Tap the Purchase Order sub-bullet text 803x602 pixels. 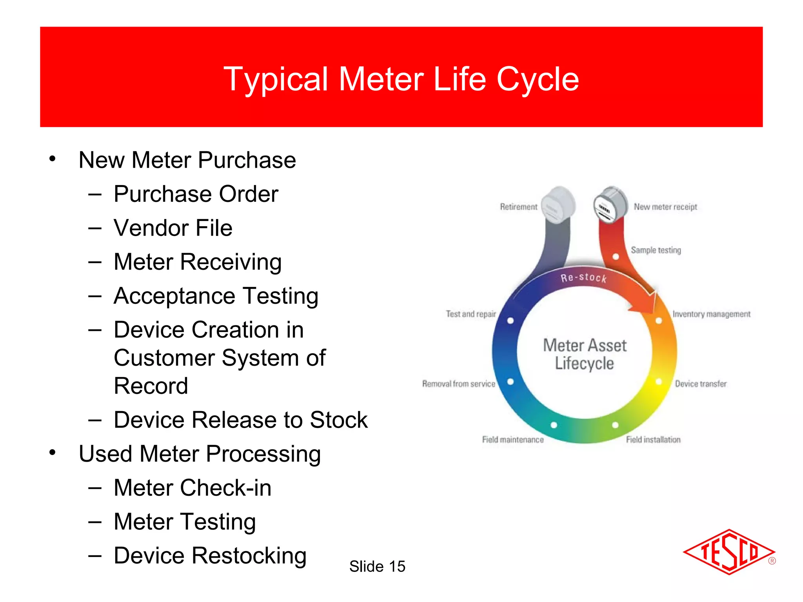pos(196,194)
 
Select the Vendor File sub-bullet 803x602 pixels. pos(173,228)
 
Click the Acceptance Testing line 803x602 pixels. pos(216,296)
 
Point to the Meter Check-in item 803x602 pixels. pos(192,488)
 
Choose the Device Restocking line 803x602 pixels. pos(210,556)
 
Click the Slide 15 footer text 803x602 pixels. pos(377,566)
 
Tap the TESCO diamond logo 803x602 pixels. pos(729,552)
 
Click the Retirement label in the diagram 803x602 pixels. pos(518,207)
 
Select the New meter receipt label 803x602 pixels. pos(665,207)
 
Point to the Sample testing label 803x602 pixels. pos(656,250)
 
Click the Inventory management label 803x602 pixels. pos(711,314)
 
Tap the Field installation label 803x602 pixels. pos(653,440)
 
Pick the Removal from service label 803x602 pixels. pos(458,384)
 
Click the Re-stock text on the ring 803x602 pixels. pos(583,278)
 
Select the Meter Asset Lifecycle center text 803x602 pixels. pos(585,354)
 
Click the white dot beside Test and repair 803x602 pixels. pos(511,321)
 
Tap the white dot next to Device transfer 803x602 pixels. pos(659,382)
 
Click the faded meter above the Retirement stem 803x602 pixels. pos(558,205)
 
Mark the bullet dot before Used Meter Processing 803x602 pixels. pos(53,453)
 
